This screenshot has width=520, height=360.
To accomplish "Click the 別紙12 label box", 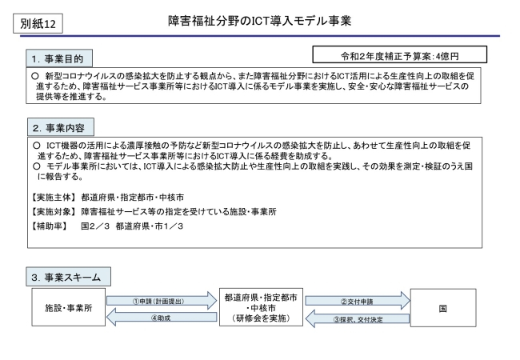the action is pos(38,23).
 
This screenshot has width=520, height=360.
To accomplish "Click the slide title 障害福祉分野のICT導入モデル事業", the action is pos(260,21).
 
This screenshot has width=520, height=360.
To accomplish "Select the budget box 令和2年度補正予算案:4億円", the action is pos(400,54).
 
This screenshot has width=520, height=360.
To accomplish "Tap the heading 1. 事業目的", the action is pos(59,58).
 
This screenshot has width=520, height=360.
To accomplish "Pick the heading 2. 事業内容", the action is pos(61,127).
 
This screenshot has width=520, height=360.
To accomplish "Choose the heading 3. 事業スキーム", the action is pos(68,277).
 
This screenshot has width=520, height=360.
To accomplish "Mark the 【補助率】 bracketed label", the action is pos(49,226).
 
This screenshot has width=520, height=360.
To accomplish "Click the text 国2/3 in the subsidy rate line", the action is pos(95,226).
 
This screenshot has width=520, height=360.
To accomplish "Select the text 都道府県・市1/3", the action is pos(150,226).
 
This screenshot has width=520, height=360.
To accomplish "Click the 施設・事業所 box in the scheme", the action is pos(69,307).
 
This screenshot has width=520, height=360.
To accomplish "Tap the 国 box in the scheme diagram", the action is pos(443,308).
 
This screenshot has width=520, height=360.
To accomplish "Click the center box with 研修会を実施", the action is pos(261,307).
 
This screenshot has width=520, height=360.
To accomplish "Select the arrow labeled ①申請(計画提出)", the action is pos(162,301).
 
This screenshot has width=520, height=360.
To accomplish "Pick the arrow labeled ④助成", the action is pos(162,318).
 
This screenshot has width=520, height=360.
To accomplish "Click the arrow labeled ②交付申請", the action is pos(358,301).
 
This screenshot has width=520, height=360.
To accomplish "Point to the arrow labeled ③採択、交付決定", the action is pos(358,319).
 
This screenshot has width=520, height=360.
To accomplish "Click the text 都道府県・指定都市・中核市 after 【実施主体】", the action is pos(132,198).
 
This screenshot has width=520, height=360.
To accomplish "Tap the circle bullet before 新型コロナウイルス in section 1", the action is pos(35,76).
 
